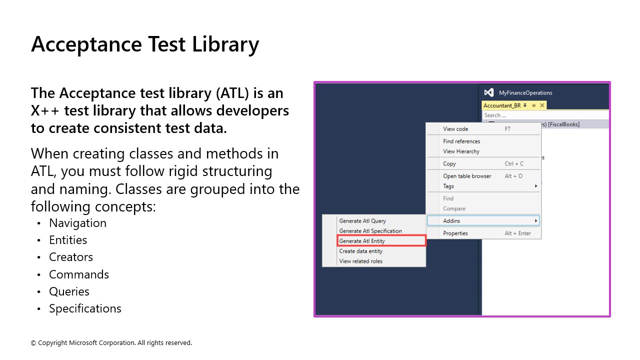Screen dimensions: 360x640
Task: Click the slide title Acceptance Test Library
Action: point(145,44)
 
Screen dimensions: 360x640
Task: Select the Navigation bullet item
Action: point(77,223)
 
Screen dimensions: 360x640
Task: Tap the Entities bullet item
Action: point(68,240)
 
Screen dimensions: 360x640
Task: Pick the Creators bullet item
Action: point(71,257)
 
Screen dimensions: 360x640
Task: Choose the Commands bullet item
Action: point(79,274)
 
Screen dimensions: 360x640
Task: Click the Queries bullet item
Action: point(69,291)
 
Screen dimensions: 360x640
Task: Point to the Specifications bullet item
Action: point(85,308)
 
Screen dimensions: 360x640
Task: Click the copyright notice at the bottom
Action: point(111,343)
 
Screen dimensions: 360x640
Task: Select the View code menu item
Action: point(455,129)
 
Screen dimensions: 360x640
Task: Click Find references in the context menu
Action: point(461,141)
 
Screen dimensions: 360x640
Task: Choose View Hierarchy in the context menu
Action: point(461,151)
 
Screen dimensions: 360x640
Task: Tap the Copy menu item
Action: point(449,163)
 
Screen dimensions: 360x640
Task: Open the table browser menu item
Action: point(467,176)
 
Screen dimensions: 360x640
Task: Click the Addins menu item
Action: point(451,220)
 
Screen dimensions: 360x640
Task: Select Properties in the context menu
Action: point(455,233)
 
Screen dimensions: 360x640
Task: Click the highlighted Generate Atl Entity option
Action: point(362,241)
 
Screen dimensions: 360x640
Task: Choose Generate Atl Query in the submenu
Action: point(362,220)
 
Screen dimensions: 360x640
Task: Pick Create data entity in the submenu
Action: point(360,251)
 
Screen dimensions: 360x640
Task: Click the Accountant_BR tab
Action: point(502,105)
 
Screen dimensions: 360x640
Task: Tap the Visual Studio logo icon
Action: point(489,92)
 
